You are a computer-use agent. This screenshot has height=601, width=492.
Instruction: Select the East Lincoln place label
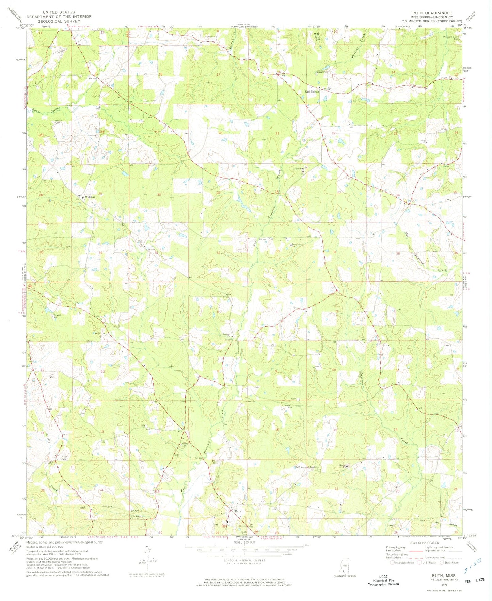click(x=312, y=91)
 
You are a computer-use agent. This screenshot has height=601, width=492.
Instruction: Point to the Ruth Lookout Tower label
click(x=305, y=467)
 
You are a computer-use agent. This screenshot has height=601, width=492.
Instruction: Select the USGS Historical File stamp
click(x=383, y=581)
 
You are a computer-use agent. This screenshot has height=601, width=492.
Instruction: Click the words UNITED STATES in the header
click(x=59, y=12)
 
